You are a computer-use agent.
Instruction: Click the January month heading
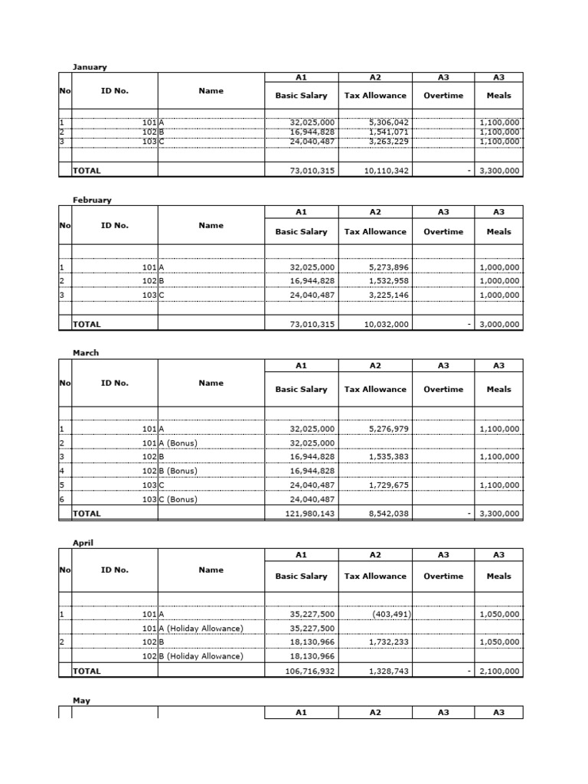(x=90, y=67)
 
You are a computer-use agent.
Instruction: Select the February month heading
(x=92, y=200)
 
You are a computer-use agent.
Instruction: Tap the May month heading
(x=81, y=700)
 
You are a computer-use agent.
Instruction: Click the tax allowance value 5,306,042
(x=388, y=122)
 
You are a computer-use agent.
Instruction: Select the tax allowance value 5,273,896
(x=388, y=267)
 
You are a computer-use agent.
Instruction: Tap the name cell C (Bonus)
(x=178, y=499)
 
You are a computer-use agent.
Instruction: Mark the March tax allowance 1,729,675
(x=388, y=485)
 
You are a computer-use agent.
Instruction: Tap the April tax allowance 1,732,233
(x=388, y=642)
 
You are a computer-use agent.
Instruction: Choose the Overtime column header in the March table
(x=443, y=389)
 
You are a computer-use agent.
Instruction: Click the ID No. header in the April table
(x=115, y=570)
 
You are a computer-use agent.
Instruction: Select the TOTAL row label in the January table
(x=87, y=171)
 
